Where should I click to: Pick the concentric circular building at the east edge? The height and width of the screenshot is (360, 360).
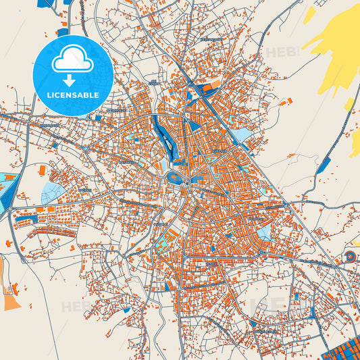click(x=351, y=257)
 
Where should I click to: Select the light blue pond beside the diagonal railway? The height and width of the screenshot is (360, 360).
click(x=242, y=136)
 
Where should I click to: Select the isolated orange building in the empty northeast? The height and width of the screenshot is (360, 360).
click(x=289, y=101)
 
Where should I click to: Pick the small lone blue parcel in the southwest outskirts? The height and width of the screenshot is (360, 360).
click(x=126, y=309)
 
